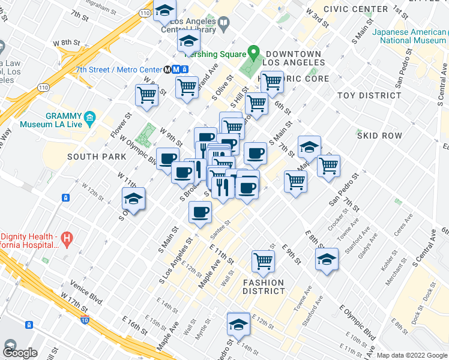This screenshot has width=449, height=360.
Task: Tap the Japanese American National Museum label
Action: pyautogui.click(x=408, y=37)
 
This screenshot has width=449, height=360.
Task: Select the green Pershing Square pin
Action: pyautogui.click(x=253, y=53)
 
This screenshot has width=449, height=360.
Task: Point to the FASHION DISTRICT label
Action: pyautogui.click(x=264, y=287)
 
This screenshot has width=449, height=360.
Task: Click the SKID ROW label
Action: pyautogui.click(x=379, y=136)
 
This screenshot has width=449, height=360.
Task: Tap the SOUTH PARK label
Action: pyautogui.click(x=97, y=157)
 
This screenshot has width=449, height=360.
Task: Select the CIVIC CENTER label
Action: pyautogui.click(x=355, y=9)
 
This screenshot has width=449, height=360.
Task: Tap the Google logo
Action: pyautogui.click(x=20, y=353)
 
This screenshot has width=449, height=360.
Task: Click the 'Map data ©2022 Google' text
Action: pyautogui.click(x=411, y=355)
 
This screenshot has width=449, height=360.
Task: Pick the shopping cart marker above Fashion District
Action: pyautogui.click(x=263, y=260)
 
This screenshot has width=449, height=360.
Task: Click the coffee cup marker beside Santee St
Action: pyautogui.click(x=200, y=212)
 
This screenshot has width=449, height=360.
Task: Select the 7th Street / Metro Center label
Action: pyautogui.click(x=119, y=69)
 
